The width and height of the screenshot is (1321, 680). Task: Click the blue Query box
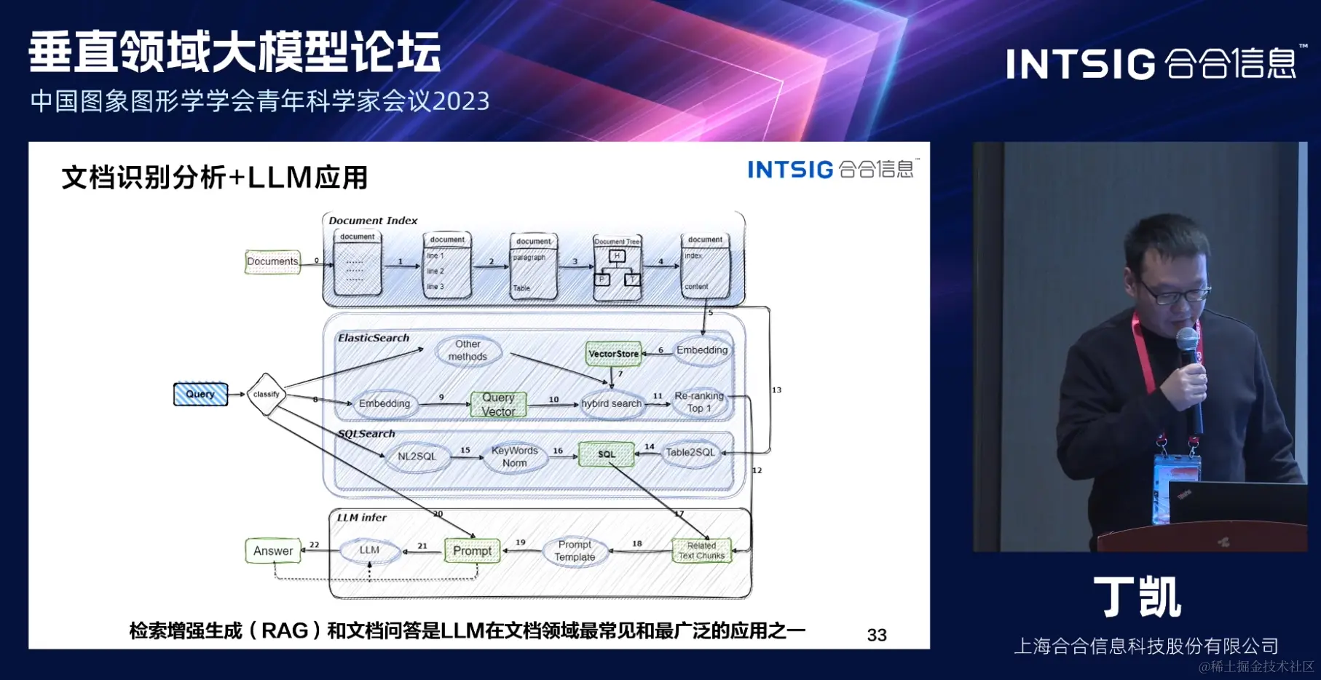click(x=200, y=394)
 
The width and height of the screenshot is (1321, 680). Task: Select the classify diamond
click(x=266, y=394)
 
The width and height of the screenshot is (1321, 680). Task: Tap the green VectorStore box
click(x=614, y=354)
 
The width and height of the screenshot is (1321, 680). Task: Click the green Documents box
click(x=272, y=261)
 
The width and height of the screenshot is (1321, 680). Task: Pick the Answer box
click(x=273, y=551)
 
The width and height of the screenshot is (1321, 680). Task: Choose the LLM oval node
click(x=369, y=550)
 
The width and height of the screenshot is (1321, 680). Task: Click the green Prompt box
click(x=472, y=551)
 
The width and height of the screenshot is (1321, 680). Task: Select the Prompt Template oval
click(x=575, y=551)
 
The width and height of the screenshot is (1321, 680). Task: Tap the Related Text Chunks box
click(x=701, y=550)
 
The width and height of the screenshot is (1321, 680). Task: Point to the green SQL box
click(x=607, y=454)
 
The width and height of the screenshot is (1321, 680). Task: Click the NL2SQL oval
click(x=417, y=456)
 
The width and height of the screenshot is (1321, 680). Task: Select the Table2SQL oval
click(x=690, y=453)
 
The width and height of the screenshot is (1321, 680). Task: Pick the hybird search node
click(x=612, y=403)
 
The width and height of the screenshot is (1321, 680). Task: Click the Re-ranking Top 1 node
click(x=699, y=402)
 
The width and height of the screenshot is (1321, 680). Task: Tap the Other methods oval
click(x=468, y=350)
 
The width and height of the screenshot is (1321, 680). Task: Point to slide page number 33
click(x=877, y=635)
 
